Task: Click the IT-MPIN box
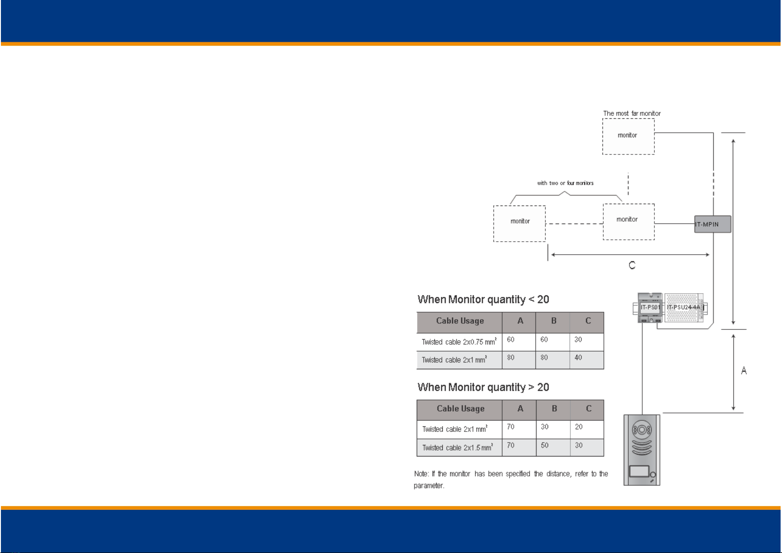712,224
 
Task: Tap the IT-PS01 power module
650,308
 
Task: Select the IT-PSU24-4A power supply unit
684,308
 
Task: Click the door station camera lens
642,430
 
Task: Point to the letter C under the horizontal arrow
632,265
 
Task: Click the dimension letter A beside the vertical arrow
744,371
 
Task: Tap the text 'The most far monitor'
632,113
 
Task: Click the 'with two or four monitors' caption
565,183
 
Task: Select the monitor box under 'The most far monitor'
628,136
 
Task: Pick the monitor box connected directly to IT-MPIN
629,222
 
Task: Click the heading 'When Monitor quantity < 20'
483,299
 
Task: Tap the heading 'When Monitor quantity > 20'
483,387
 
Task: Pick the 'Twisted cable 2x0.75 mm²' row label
459,342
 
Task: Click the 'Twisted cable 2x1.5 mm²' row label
458,447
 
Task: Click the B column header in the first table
554,321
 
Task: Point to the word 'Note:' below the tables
421,474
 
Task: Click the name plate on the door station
639,471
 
